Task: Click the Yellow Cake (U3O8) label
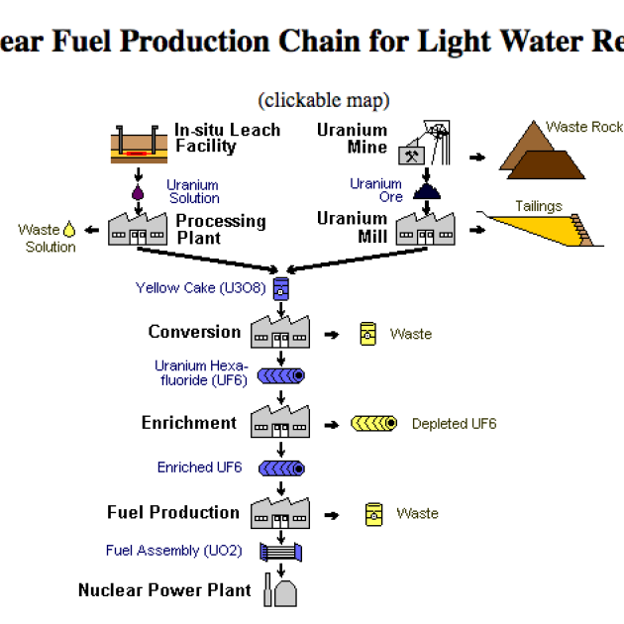[200, 288]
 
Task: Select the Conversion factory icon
[280, 331]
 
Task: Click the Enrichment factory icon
[280, 421]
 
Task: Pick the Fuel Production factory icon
[280, 511]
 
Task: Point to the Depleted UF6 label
[454, 424]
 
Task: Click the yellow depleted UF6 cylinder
[374, 424]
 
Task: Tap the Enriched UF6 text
[199, 468]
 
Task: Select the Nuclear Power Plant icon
[280, 589]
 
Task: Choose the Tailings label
[539, 207]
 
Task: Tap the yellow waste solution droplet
[69, 231]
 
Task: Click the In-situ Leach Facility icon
[138, 144]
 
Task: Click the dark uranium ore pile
[427, 190]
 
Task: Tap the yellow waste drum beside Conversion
[368, 334]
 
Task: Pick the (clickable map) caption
[324, 100]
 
